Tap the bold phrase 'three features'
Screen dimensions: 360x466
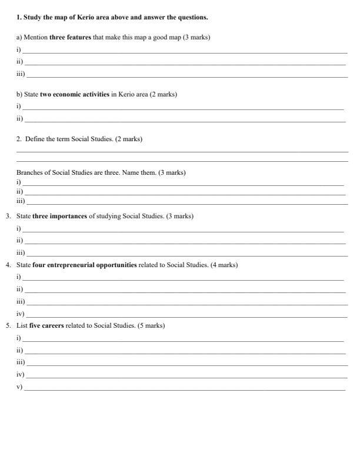71,37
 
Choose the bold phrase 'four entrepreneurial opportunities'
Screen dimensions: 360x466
85,265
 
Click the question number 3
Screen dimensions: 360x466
8,216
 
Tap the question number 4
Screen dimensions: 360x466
8,265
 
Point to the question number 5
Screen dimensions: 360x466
8,325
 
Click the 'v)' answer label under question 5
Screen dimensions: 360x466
19,387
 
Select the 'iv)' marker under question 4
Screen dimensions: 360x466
20,314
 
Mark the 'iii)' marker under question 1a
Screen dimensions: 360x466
20,74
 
